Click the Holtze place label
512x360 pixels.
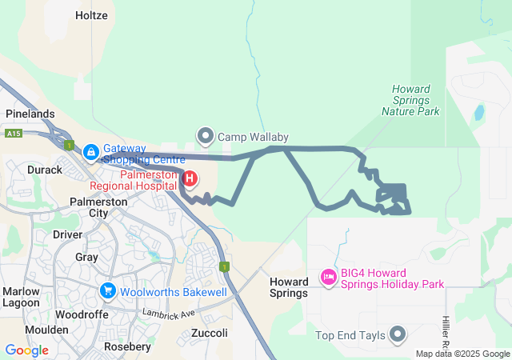[91, 15]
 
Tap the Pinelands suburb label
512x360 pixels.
[30, 114]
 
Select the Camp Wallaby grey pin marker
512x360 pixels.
[206, 137]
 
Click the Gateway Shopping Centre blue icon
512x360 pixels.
[91, 151]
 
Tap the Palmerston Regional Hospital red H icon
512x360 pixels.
[190, 178]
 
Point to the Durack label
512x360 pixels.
[45, 170]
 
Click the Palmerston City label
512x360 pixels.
[99, 207]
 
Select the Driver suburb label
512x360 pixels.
[67, 234]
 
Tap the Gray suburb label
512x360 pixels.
[86, 257]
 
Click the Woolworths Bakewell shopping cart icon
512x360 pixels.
[108, 291]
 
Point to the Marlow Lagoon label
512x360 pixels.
[20, 297]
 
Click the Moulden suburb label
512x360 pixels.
[46, 330]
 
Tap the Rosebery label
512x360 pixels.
[127, 347]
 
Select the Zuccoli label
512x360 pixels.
[210, 333]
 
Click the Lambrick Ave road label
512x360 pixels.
[168, 313]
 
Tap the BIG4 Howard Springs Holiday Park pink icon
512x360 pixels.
[328, 278]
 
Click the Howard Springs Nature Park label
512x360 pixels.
[411, 101]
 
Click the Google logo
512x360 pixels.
[26, 350]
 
